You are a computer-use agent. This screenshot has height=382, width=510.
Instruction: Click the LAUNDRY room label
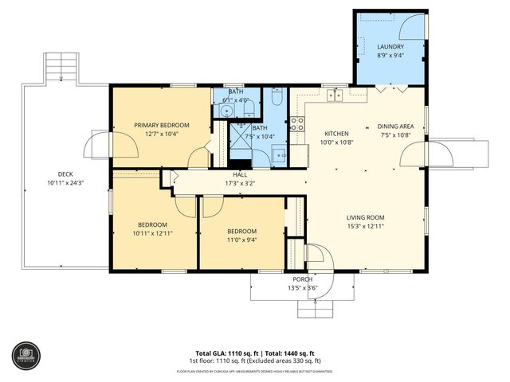390,47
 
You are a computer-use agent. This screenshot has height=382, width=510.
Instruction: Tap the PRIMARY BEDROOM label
162,125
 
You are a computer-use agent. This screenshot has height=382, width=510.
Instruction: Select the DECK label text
65,174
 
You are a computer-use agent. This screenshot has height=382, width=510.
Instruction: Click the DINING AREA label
394,127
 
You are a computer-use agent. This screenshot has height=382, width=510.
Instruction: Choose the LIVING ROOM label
366,217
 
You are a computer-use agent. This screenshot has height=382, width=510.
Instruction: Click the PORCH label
302,279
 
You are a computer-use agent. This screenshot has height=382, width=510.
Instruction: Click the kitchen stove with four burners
296,123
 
